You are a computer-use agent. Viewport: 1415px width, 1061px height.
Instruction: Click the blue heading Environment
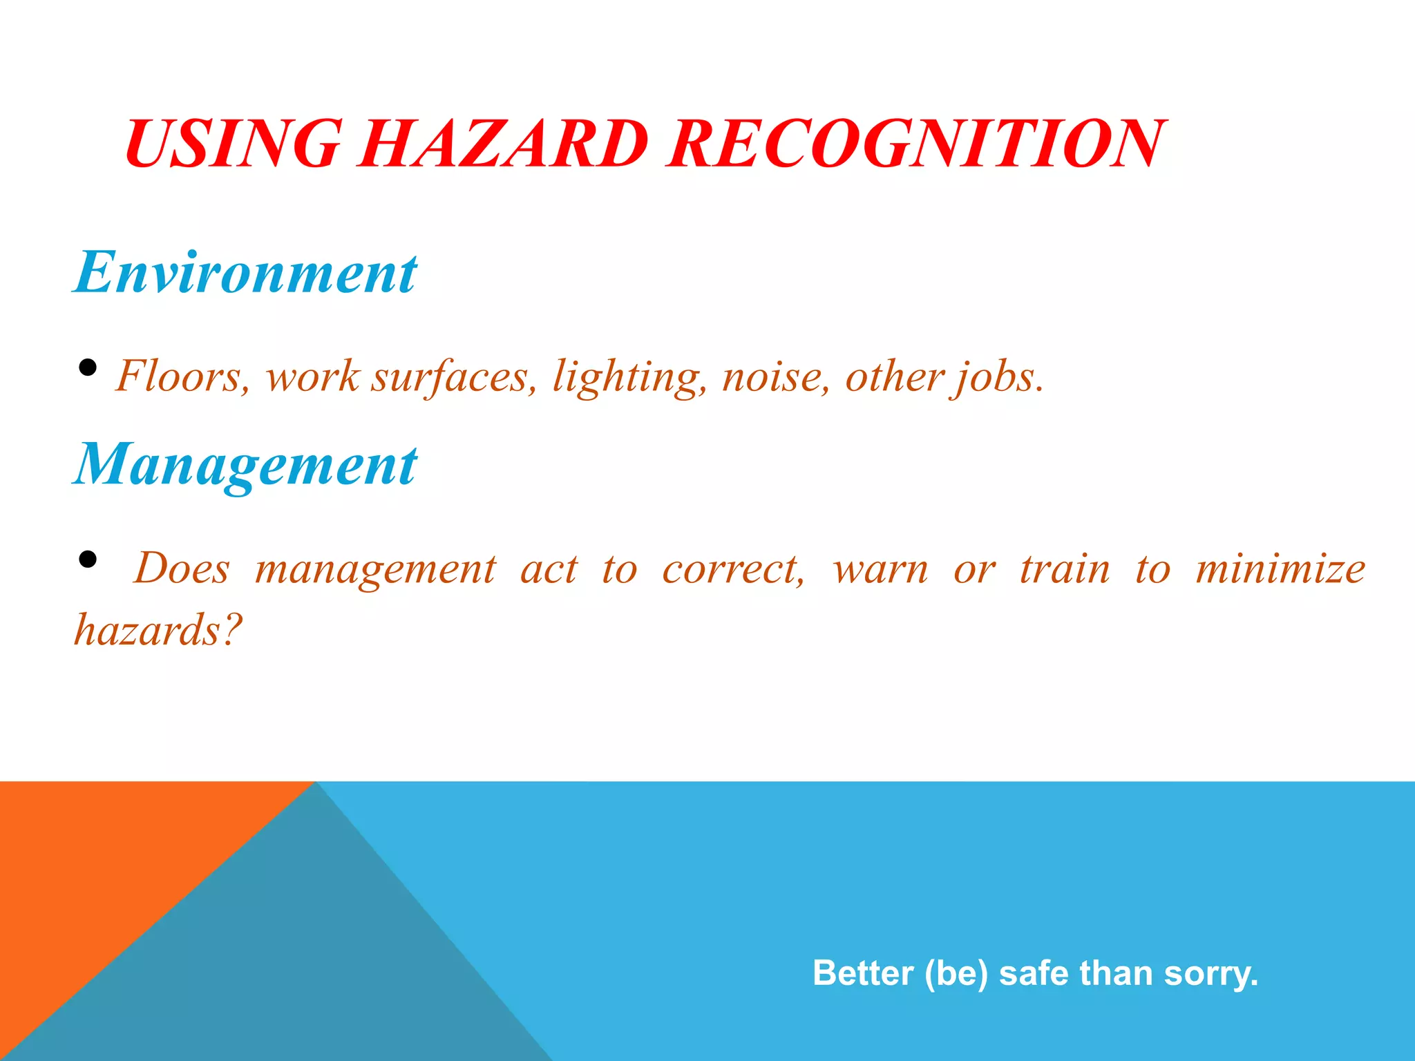245,272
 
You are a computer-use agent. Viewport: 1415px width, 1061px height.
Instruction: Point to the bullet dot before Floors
88,367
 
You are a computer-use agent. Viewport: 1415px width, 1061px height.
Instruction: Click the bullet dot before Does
88,559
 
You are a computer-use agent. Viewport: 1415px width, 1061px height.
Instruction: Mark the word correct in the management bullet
733,570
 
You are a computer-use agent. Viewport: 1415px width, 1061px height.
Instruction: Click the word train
1065,570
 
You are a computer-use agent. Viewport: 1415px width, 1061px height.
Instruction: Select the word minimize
1280,570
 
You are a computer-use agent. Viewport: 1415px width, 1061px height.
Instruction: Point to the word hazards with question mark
158,630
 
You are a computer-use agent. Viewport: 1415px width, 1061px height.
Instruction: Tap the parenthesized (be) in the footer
956,973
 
